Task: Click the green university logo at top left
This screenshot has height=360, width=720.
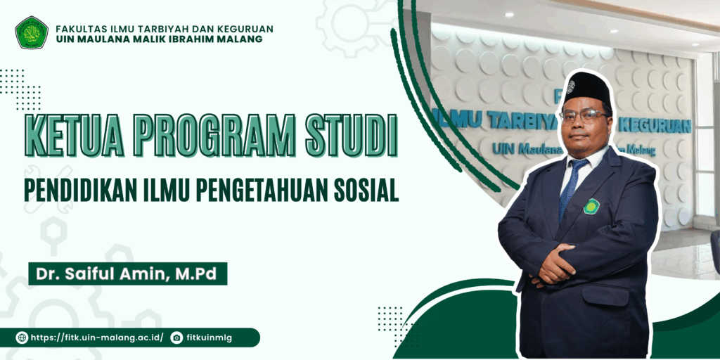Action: coord(32,32)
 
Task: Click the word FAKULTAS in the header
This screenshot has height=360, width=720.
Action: coord(75,29)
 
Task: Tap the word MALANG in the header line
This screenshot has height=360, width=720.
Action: coord(243,39)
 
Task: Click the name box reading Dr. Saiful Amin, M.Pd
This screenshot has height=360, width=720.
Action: coord(128,274)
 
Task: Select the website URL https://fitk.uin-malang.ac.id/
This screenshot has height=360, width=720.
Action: coord(97,338)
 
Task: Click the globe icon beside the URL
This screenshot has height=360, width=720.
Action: coord(22,338)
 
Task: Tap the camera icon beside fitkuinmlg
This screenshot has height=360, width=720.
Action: coord(176,338)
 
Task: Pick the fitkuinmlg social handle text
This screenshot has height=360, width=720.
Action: coord(210,338)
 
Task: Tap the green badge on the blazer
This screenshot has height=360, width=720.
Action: coord(591,206)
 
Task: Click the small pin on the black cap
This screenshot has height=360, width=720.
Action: coord(571,86)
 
